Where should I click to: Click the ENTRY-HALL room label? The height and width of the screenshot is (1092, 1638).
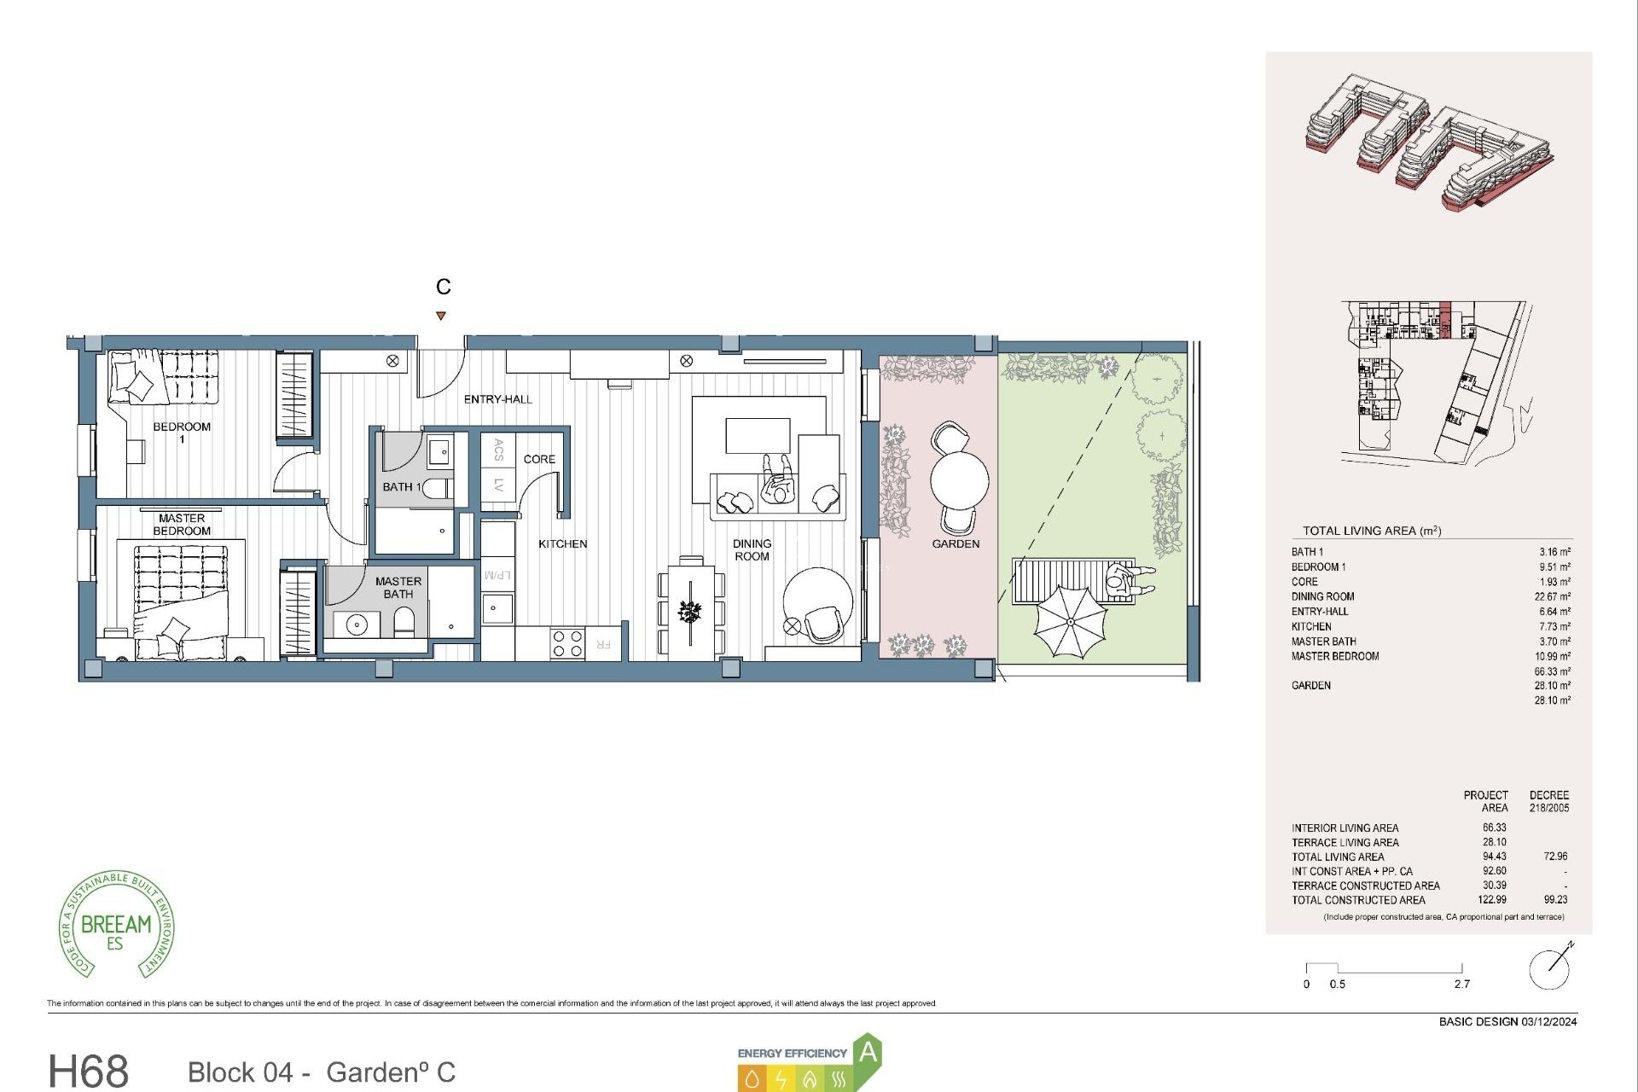[x=497, y=399]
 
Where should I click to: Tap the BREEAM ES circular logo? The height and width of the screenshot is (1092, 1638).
[x=116, y=926]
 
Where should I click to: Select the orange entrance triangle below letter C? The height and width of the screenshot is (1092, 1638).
[x=441, y=316]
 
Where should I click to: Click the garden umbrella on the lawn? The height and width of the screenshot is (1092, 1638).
[x=1070, y=620]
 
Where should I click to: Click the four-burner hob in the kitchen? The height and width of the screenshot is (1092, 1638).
[x=566, y=643]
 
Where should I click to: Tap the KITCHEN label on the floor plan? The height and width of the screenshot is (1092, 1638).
[x=562, y=543]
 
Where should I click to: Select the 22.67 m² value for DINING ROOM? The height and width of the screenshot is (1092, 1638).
[x=1552, y=596]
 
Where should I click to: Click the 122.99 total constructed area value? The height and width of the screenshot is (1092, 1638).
[x=1494, y=899]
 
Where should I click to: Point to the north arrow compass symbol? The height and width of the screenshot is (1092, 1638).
[x=1549, y=968]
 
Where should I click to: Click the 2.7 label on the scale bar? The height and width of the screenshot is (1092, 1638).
[x=1461, y=984]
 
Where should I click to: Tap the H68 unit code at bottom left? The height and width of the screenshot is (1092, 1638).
[x=89, y=1070]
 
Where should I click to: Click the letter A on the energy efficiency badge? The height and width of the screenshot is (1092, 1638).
[x=868, y=1052]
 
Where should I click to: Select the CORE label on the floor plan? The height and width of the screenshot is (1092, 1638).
[x=539, y=459]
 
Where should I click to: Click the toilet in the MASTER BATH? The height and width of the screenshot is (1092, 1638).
[x=404, y=623]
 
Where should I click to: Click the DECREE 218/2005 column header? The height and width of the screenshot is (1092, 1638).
[x=1548, y=800]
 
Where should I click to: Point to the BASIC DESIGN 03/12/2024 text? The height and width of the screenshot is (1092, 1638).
[x=1507, y=1021]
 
